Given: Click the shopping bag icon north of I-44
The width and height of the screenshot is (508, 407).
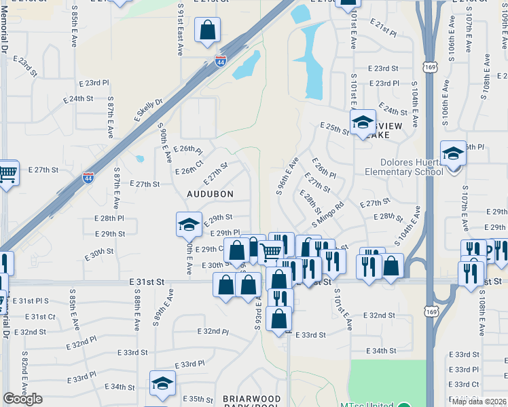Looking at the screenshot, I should click(207, 31).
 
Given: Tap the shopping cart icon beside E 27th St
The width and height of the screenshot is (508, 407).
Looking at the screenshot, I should click(7, 174).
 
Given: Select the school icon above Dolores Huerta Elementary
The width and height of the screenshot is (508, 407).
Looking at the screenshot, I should click(453, 153).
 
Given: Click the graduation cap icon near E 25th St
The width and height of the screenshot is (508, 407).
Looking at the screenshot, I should click(363, 123).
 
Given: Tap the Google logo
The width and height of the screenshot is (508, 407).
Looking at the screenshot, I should click(22, 399).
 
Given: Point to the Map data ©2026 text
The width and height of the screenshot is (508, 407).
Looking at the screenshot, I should click(479, 402).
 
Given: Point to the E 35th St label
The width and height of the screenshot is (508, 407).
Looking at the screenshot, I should click(199, 399).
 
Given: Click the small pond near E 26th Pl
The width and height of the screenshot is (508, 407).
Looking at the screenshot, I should click(139, 159).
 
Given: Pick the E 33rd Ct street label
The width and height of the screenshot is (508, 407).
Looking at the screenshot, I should click(465, 384).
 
